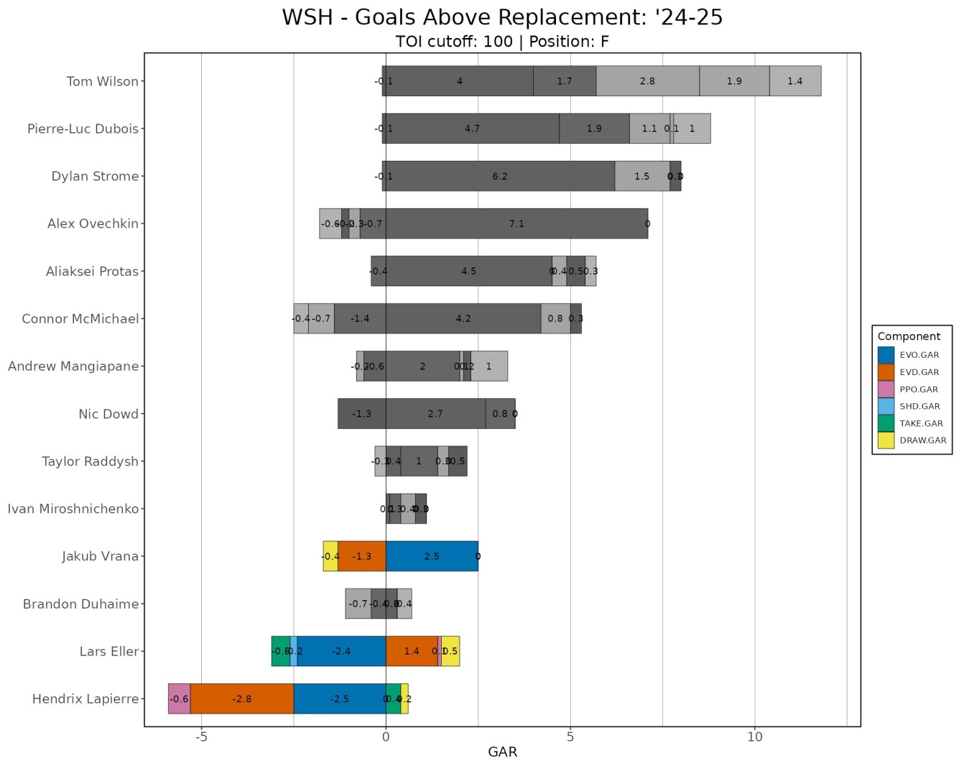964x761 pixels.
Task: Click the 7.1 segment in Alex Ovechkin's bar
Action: click(516, 223)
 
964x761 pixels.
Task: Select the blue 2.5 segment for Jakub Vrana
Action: click(432, 556)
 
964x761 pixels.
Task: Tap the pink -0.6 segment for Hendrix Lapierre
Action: click(179, 698)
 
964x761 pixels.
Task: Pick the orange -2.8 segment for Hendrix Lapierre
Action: click(242, 698)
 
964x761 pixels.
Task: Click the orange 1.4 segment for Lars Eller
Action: click(412, 651)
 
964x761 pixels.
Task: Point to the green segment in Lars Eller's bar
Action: click(280, 651)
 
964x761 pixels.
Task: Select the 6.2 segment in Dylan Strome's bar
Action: click(500, 176)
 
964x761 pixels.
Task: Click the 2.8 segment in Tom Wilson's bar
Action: click(647, 81)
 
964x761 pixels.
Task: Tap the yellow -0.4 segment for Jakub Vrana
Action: click(330, 556)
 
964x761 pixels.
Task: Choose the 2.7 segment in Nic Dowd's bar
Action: click(435, 414)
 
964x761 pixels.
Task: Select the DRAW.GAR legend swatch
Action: click(886, 441)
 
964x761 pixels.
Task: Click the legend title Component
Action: click(909, 336)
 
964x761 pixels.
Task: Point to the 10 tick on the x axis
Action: click(754, 737)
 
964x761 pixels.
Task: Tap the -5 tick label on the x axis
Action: click(201, 737)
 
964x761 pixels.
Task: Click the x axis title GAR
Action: click(502, 752)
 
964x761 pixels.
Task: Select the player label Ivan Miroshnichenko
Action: click(73, 509)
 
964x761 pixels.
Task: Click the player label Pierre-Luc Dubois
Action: click(83, 129)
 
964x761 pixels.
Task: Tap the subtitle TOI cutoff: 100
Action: click(454, 42)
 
